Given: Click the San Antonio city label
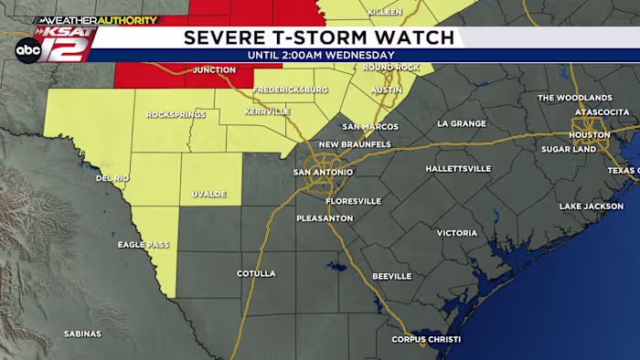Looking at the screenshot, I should [322, 172].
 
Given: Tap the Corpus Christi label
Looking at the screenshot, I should [426, 340].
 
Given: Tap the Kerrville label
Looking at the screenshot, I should [267, 111].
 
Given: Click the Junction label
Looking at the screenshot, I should [215, 69].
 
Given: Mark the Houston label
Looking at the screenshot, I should [589, 135].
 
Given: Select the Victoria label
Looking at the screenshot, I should [456, 233].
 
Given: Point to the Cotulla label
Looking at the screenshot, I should [256, 273].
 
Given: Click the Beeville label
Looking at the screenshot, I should [393, 276].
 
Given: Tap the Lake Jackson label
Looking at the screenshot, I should [591, 206].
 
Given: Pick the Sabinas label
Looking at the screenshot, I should [82, 334].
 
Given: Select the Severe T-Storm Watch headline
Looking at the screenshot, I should [318, 37].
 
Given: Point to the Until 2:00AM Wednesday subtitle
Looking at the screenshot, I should [320, 55].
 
